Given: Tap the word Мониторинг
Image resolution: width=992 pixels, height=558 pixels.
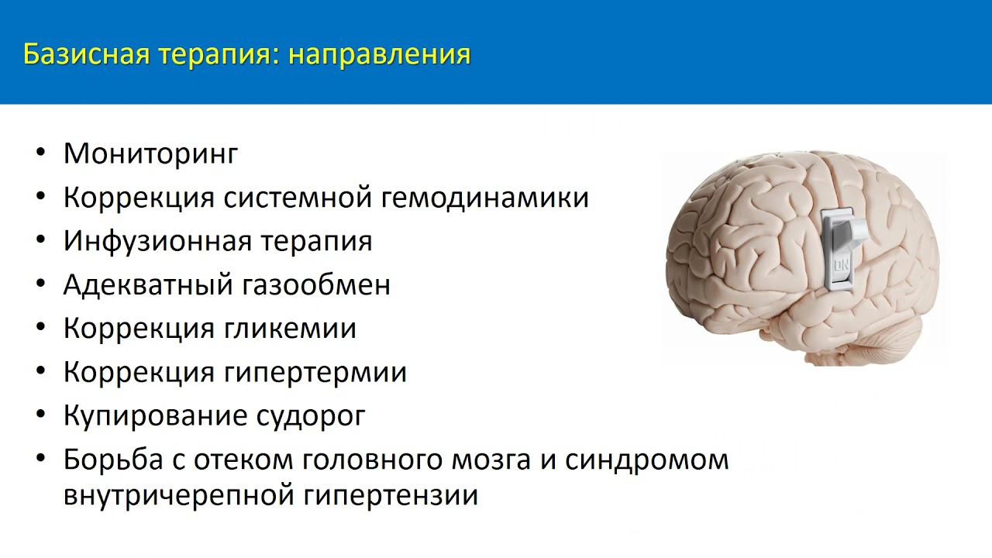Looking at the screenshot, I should [150, 153].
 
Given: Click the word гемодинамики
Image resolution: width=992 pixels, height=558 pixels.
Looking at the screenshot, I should [485, 197].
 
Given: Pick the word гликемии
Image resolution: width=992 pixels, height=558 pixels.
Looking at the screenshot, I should [291, 329].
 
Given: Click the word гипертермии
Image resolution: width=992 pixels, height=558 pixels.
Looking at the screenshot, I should [315, 373].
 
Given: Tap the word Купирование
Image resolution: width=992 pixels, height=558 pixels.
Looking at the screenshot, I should [153, 416].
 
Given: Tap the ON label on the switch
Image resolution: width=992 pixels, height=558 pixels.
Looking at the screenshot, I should [840, 270].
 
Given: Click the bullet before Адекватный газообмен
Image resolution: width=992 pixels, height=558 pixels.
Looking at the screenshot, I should [41, 284].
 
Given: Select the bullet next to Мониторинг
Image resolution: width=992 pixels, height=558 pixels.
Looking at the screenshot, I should [41, 153].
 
